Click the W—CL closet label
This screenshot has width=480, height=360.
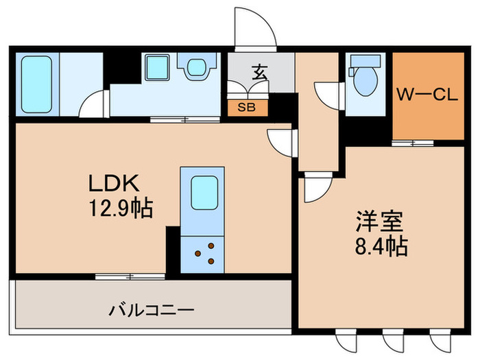427,97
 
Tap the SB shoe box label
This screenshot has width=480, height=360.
247,107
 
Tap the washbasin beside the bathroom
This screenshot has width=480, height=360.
158,69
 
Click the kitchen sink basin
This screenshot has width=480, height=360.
204,193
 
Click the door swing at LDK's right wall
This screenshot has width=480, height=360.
281,143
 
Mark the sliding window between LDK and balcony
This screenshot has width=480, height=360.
130,276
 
